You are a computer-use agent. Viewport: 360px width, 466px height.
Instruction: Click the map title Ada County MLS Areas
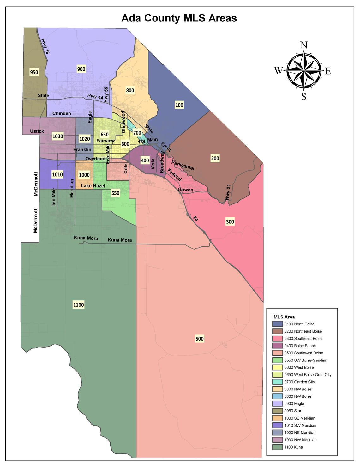coord(179,18)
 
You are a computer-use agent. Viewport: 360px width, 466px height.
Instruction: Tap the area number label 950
coord(34,72)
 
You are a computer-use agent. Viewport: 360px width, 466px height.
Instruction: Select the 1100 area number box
coord(78,305)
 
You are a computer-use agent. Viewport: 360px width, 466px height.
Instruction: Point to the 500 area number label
coord(200,339)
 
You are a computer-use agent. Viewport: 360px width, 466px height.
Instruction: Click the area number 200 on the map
coord(215,158)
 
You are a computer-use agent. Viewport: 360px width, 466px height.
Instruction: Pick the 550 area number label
coord(115,193)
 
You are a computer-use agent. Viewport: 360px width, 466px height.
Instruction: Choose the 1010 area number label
coord(57,174)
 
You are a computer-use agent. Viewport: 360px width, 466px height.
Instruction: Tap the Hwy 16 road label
coord(45,47)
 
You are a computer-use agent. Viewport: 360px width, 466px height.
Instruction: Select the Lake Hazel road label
coord(93,186)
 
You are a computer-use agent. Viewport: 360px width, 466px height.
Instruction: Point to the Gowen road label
coord(185,190)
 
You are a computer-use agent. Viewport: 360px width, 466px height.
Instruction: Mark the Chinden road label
coord(62,113)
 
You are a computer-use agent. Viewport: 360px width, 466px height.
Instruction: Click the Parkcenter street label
coord(183,165)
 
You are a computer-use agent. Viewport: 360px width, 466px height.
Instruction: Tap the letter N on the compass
coord(303,45)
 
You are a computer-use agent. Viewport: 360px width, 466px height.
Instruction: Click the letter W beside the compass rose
coord(278,71)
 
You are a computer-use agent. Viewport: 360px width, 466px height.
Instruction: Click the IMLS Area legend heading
coord(284,317)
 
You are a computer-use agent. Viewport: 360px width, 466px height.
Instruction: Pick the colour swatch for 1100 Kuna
coord(278,447)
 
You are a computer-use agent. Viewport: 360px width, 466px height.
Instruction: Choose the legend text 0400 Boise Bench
coord(300,346)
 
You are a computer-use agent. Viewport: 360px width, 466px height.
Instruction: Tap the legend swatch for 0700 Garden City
coord(278,382)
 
